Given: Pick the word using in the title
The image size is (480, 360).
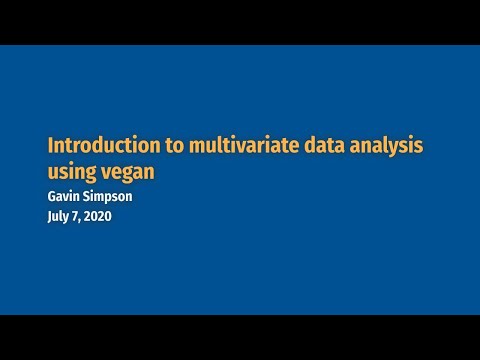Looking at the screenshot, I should pos(74,172).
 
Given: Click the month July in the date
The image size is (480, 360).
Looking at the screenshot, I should pos(62,217).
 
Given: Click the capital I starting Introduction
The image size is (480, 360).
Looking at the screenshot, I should pos(50,146).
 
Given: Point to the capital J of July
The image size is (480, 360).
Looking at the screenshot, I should pos(51,217).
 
